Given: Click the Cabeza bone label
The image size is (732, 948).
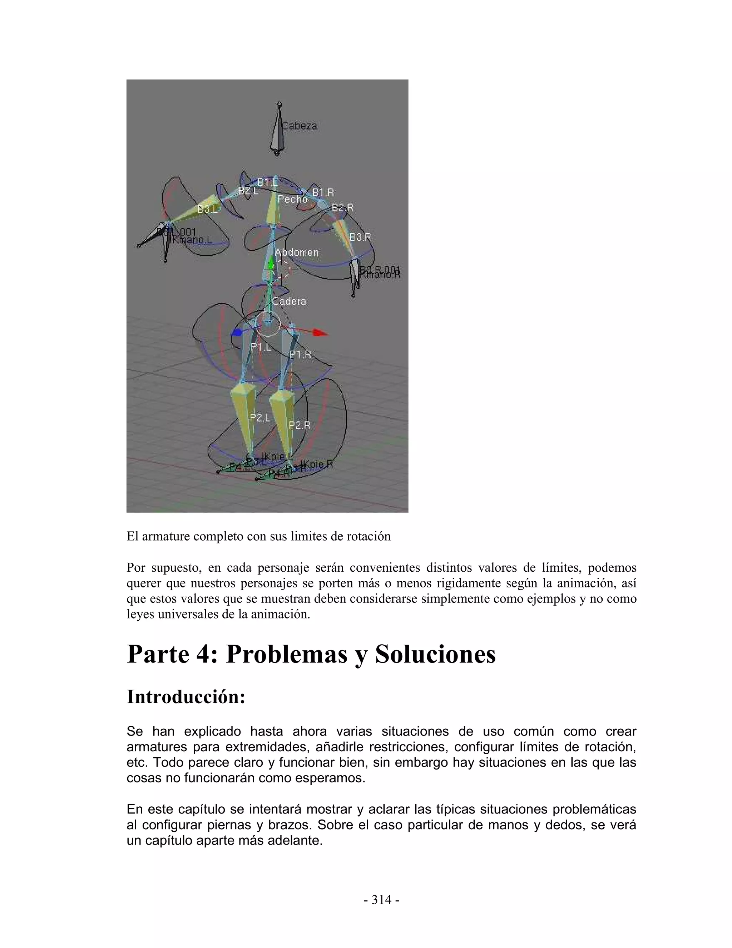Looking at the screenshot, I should [299, 126].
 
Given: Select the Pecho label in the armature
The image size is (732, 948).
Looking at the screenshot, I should [292, 199].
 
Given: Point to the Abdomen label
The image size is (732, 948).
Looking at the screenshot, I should [297, 252].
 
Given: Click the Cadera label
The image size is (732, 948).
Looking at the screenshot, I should [289, 301].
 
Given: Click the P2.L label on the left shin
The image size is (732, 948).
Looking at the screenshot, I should [260, 417].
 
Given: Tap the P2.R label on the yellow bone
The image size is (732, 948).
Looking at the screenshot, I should [299, 425].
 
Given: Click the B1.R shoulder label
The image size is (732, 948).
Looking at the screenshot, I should [323, 192].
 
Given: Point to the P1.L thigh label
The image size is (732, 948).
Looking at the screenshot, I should [261, 347].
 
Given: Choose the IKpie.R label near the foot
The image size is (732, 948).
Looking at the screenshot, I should [317, 464].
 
